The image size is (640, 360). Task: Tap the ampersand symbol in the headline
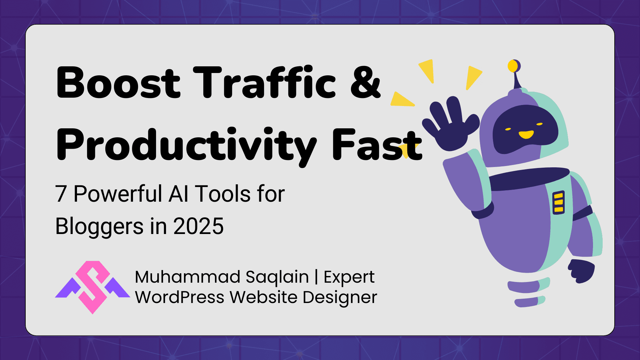pos(365,83)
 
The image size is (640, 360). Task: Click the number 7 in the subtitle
pos(61,194)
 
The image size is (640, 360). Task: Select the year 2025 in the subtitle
pos(198,226)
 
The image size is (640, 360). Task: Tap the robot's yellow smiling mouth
pos(526,135)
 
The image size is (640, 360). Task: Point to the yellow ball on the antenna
pos(513,66)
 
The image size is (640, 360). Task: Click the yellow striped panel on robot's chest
pos(558,202)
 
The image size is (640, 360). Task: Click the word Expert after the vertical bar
pos(349,277)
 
